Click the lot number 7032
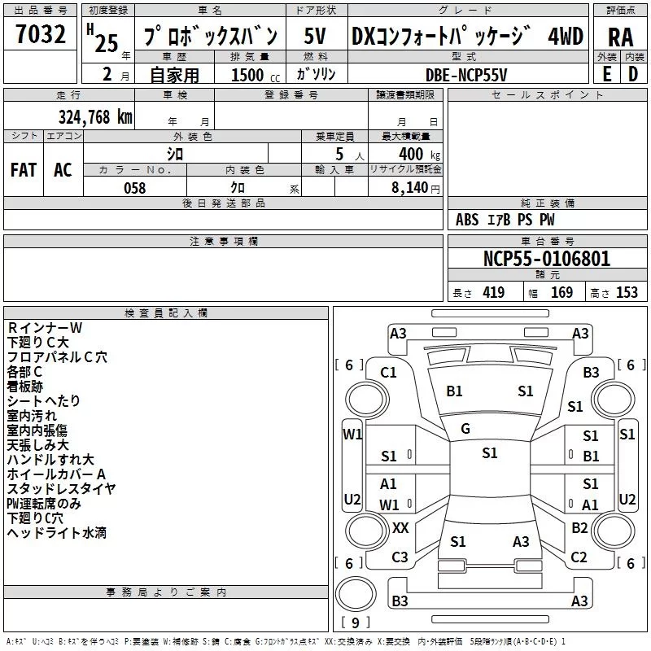coord(41,35)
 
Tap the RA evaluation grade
coord(620,37)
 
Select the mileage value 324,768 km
coord(95,116)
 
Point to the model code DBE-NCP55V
coord(466,74)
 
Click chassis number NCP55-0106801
coord(547,260)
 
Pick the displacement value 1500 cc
coord(251,75)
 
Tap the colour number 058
coord(135,188)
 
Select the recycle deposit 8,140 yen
coord(409,188)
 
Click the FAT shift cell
coord(24,170)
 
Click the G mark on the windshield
coord(465,428)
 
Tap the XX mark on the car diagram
coord(400,527)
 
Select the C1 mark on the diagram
coord(388,372)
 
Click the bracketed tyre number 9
coord(355,623)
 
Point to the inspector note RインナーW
coord(45,328)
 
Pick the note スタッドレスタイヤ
coord(62,489)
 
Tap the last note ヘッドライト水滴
coord(57,533)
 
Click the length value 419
coord(493,293)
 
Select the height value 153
coord(627,293)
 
